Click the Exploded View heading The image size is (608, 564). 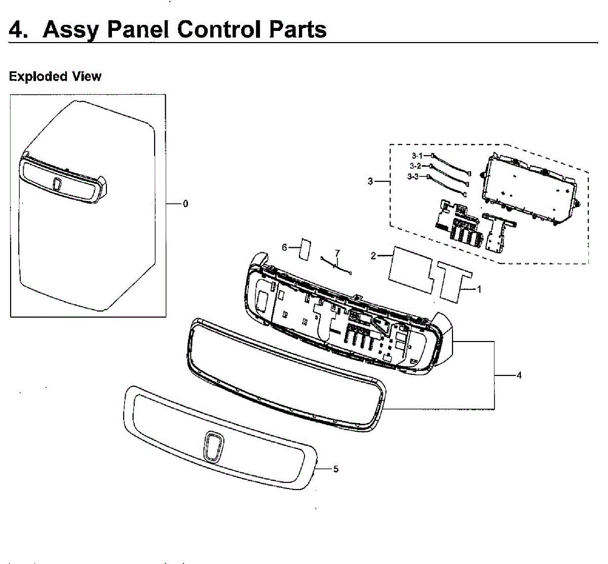click(55, 77)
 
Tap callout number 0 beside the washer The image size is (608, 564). click(185, 204)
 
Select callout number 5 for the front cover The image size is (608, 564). click(336, 469)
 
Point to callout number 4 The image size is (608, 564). click(519, 375)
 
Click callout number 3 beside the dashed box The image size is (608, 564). click(370, 181)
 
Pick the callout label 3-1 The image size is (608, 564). click(417, 156)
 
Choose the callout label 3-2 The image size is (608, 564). click(415, 166)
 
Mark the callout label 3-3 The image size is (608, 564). click(413, 176)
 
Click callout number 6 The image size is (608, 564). click(285, 247)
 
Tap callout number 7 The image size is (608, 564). click(337, 253)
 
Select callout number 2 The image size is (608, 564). click(373, 256)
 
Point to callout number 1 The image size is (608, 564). click(479, 289)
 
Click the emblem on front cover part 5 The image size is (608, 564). click(214, 446)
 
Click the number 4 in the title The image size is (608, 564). click(17, 29)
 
